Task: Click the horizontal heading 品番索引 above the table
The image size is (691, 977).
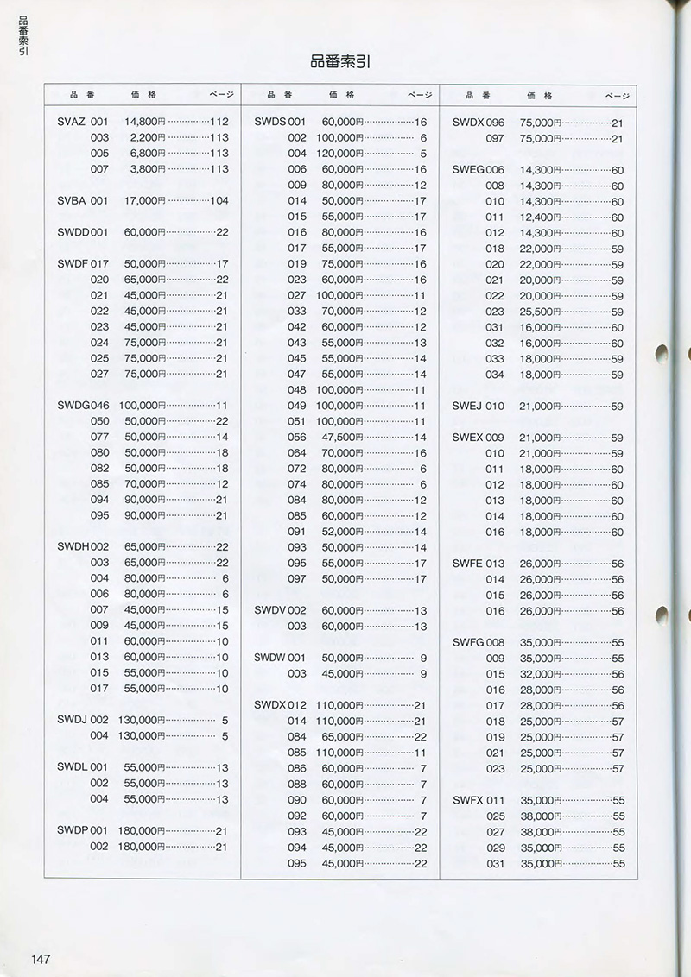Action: pos(340,61)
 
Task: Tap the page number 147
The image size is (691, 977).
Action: pos(43,959)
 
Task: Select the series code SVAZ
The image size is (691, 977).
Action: pos(71,122)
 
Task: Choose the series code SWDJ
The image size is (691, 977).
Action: pos(71,720)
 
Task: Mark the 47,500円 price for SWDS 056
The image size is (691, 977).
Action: pos(345,438)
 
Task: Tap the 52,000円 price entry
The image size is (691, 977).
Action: pos(345,532)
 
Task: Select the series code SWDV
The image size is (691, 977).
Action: pos(269,610)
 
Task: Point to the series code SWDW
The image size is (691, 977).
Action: pos(269,658)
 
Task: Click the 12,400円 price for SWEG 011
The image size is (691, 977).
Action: pos(542,217)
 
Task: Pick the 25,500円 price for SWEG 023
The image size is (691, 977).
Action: pos(542,312)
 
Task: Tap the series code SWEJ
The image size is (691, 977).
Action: pos(466,406)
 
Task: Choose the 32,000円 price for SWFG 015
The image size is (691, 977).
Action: pos(542,674)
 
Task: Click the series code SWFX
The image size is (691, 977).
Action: pos(466,800)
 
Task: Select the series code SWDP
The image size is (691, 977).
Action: pos(72,831)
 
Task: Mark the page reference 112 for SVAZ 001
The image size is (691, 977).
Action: pos(219,122)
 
